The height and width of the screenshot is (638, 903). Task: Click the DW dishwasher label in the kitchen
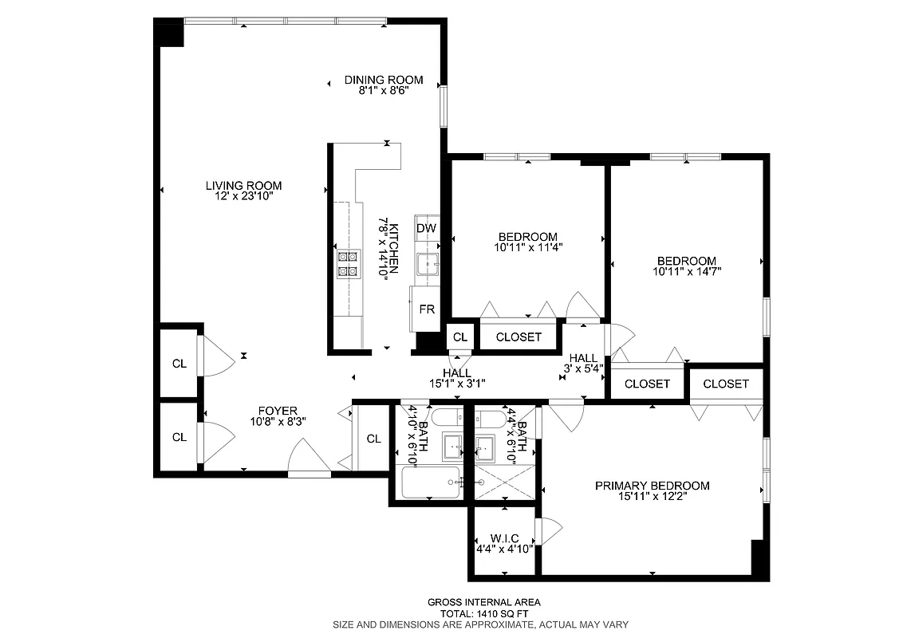[x=427, y=228]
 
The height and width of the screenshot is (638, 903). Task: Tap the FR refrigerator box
[x=427, y=309]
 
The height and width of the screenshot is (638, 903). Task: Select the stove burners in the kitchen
[x=349, y=264]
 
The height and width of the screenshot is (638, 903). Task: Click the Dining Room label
[x=383, y=80]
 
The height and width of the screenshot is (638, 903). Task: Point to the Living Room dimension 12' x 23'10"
[x=243, y=196]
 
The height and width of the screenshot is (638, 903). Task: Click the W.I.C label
[x=504, y=539]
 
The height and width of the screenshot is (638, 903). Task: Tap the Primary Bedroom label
[x=652, y=486]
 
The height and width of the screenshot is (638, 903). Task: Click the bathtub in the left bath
[x=431, y=482]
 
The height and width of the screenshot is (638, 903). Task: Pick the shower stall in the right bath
[x=504, y=482]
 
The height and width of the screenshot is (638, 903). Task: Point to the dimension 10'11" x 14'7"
[x=686, y=271]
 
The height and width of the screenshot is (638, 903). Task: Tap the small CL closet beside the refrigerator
[x=459, y=337]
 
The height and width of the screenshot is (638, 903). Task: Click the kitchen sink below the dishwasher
[x=427, y=265]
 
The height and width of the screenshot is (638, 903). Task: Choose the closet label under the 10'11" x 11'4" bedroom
[x=519, y=337]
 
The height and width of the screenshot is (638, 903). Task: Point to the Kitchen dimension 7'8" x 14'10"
[x=387, y=246]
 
